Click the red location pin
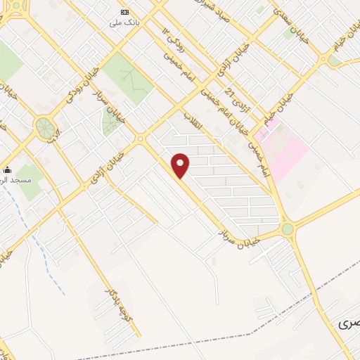tap(181, 165)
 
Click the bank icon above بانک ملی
tap(125, 12)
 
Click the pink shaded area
tap(288, 144)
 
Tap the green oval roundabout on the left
tap(44, 128)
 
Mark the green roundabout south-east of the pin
tap(288, 229)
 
